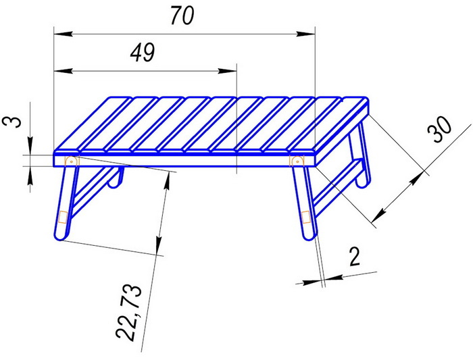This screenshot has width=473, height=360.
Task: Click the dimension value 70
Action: click(182, 16)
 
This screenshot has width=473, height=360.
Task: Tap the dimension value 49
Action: click(143, 53)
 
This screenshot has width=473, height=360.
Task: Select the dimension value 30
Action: click(440, 130)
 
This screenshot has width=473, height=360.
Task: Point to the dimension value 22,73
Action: click(129, 313)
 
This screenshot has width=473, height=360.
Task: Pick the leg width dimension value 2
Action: click(355, 257)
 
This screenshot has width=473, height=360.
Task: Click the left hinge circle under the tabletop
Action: click(71, 161)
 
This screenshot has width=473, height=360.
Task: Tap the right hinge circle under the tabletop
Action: click(297, 161)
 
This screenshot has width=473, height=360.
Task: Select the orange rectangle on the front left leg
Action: click(63, 217)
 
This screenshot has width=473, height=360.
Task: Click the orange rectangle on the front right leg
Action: click(306, 217)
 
